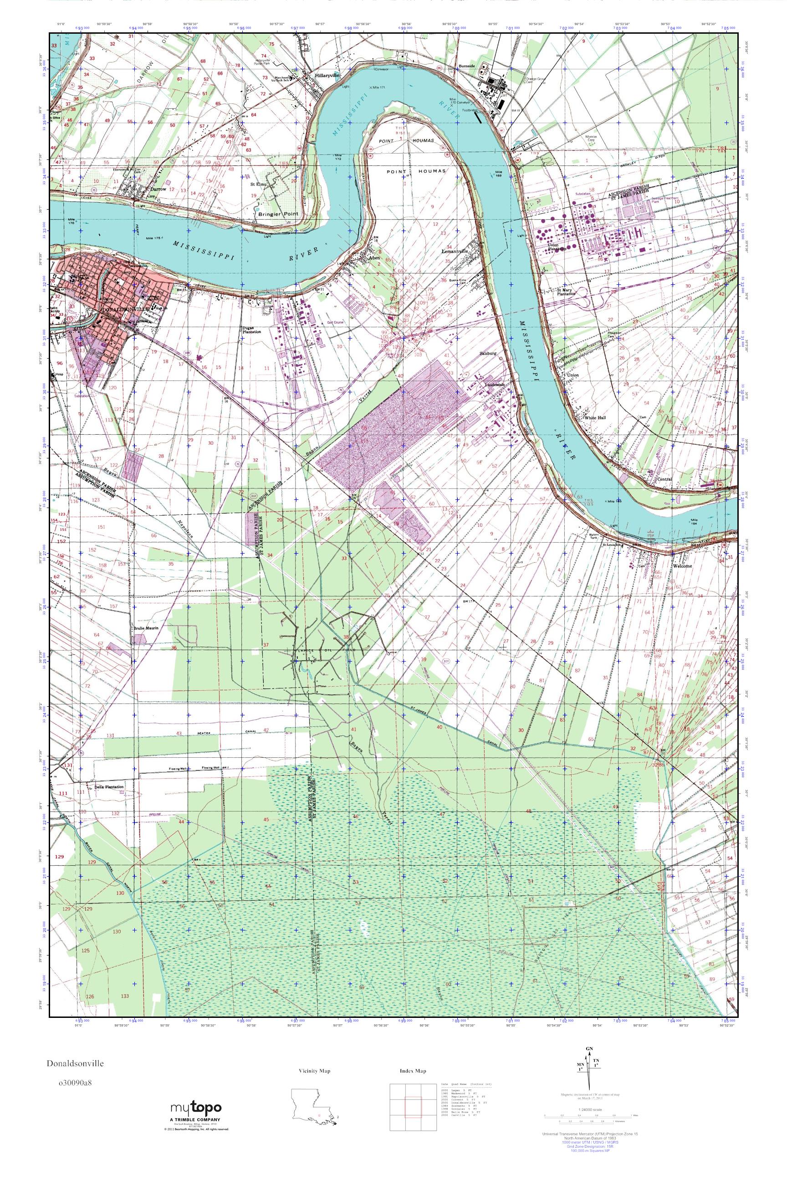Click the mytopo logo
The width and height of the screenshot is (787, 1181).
point(196,1108)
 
